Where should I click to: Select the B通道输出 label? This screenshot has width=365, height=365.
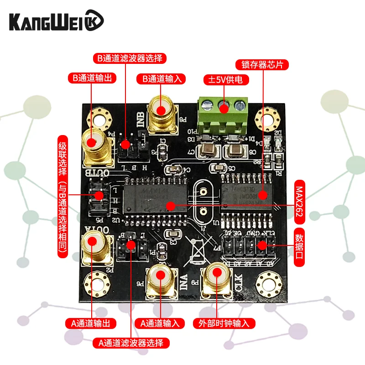[x=91, y=78]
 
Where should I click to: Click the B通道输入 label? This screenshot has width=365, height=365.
[x=161, y=78]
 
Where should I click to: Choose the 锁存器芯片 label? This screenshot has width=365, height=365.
[x=262, y=64]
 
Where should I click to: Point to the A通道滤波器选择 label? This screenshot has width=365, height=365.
[x=130, y=343]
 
